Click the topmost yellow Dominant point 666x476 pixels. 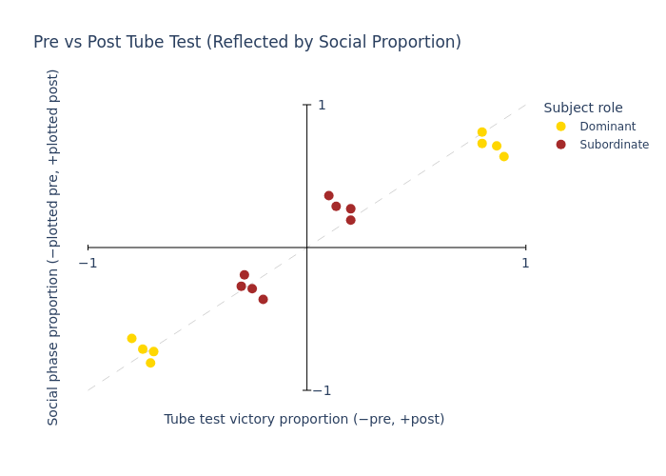pos(481,132)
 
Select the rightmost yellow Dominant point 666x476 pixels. pos(503,156)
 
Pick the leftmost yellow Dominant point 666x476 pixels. pos(131,338)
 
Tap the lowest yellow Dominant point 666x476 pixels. pos(150,363)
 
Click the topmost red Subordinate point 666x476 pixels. pos(328,195)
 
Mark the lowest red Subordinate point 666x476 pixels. pos(263,299)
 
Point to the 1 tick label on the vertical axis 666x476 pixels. pos(322,106)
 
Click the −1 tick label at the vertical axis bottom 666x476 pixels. pos(322,390)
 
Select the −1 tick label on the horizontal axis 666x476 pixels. pos(88,264)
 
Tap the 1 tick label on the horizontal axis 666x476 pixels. pos(525,264)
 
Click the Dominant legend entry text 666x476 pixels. pos(607,127)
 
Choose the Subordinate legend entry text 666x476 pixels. pos(614,145)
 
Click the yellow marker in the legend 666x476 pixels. pos(560,127)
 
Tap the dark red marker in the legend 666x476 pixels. pos(560,145)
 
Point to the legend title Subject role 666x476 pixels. pos(582,109)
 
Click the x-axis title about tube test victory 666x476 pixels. pos(304,419)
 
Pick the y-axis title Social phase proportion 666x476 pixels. pos(54,247)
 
